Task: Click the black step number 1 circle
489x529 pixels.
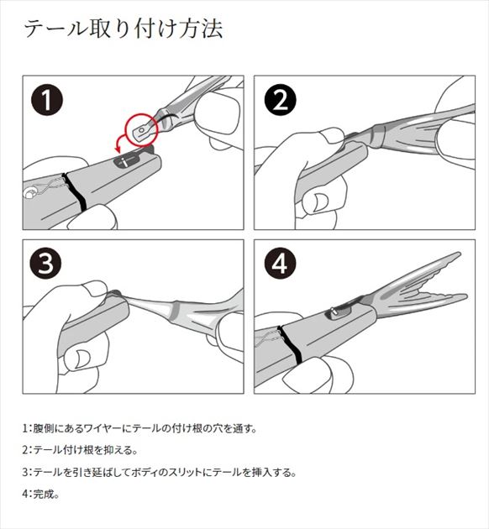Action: (47, 100)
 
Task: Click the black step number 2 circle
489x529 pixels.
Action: (281, 100)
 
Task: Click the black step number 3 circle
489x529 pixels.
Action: (46, 263)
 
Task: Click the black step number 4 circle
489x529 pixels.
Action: (280, 263)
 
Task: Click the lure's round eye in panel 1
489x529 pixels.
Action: (29, 193)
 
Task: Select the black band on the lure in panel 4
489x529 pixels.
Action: (291, 345)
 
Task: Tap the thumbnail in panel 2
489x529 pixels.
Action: (319, 202)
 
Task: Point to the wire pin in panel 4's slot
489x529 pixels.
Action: (334, 312)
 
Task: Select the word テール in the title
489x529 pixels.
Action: (56, 29)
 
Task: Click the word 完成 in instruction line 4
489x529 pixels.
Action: (43, 494)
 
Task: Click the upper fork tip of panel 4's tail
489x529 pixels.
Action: (459, 254)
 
